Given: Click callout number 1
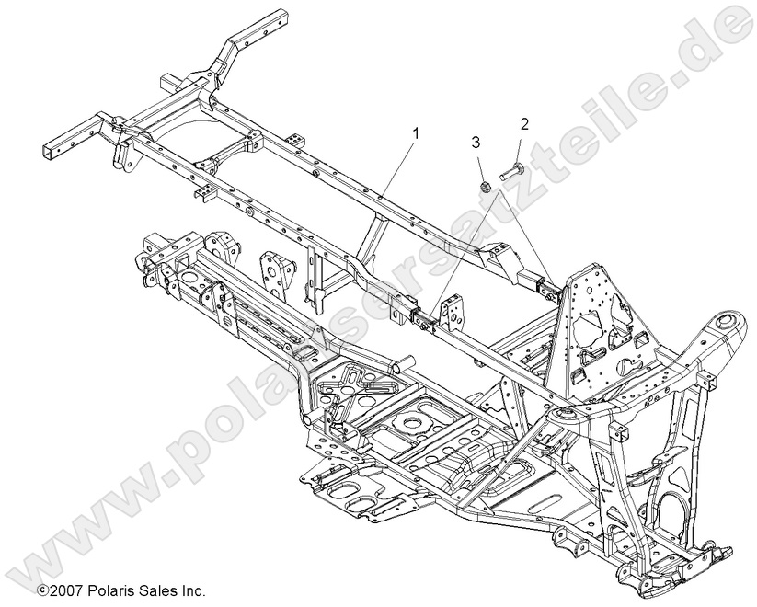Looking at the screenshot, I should coord(416,133).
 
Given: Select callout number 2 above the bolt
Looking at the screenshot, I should coord(524,122).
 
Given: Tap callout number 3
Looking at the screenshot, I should coord(476,141).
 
